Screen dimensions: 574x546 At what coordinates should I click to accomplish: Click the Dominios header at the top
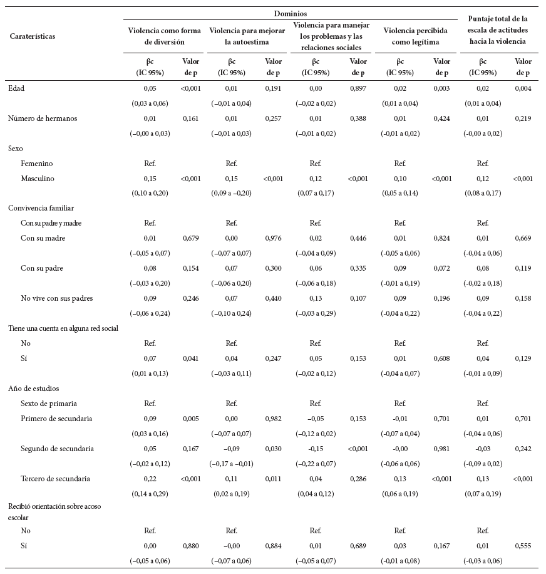(290, 13)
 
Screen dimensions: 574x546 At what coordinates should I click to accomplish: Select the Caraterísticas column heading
(33, 36)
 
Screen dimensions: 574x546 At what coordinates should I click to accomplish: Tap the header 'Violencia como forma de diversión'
(165, 36)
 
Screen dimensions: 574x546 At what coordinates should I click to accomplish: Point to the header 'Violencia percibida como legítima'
(411, 36)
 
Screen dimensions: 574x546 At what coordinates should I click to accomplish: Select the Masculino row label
(38, 179)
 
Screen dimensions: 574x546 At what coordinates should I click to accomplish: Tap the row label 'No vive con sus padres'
(56, 298)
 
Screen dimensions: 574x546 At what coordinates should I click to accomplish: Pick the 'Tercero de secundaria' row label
(55, 479)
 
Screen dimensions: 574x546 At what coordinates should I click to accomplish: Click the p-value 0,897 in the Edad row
(358, 89)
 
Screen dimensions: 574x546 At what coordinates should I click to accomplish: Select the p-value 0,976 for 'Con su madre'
(274, 238)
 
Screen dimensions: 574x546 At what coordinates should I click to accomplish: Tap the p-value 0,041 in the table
(190, 358)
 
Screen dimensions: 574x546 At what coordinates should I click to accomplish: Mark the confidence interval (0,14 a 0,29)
(150, 494)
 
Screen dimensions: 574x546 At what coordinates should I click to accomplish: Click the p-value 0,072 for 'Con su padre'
(441, 268)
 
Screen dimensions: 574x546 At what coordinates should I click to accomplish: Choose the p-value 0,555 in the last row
(523, 546)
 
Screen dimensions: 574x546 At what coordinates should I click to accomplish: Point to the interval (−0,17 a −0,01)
(232, 464)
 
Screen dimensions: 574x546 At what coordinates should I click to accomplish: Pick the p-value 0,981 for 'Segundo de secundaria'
(441, 449)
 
